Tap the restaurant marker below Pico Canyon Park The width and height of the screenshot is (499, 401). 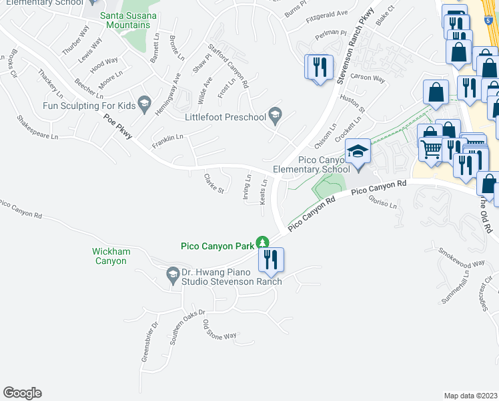point(271,259)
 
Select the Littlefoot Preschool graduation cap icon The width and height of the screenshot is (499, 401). point(274,115)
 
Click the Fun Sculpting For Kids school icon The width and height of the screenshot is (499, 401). point(143,104)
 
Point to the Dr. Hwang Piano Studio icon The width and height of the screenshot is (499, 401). point(172,273)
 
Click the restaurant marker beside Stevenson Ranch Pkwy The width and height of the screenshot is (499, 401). point(318,67)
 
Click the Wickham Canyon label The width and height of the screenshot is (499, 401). point(110,256)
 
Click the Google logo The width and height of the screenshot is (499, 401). point(22,393)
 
